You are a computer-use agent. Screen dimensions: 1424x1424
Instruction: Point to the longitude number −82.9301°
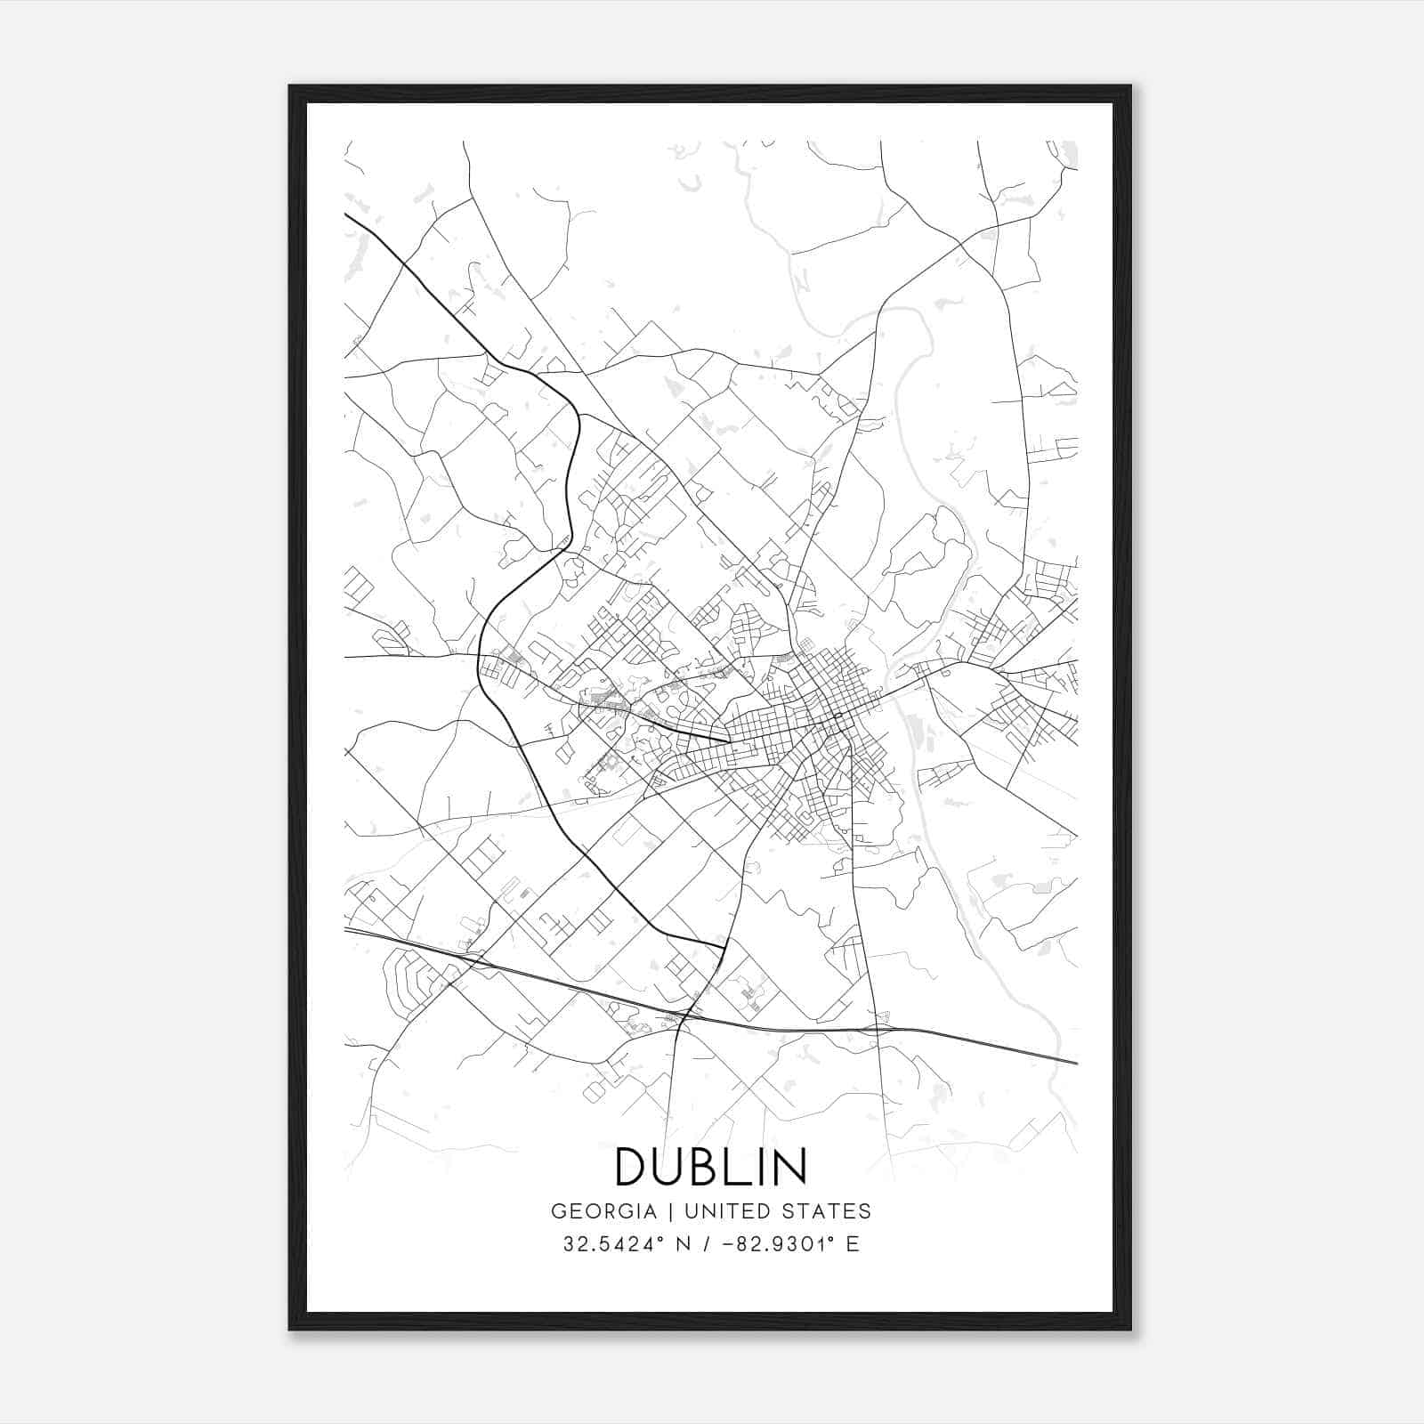click(x=781, y=1244)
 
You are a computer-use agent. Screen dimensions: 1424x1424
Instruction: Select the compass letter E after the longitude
click(x=854, y=1244)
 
